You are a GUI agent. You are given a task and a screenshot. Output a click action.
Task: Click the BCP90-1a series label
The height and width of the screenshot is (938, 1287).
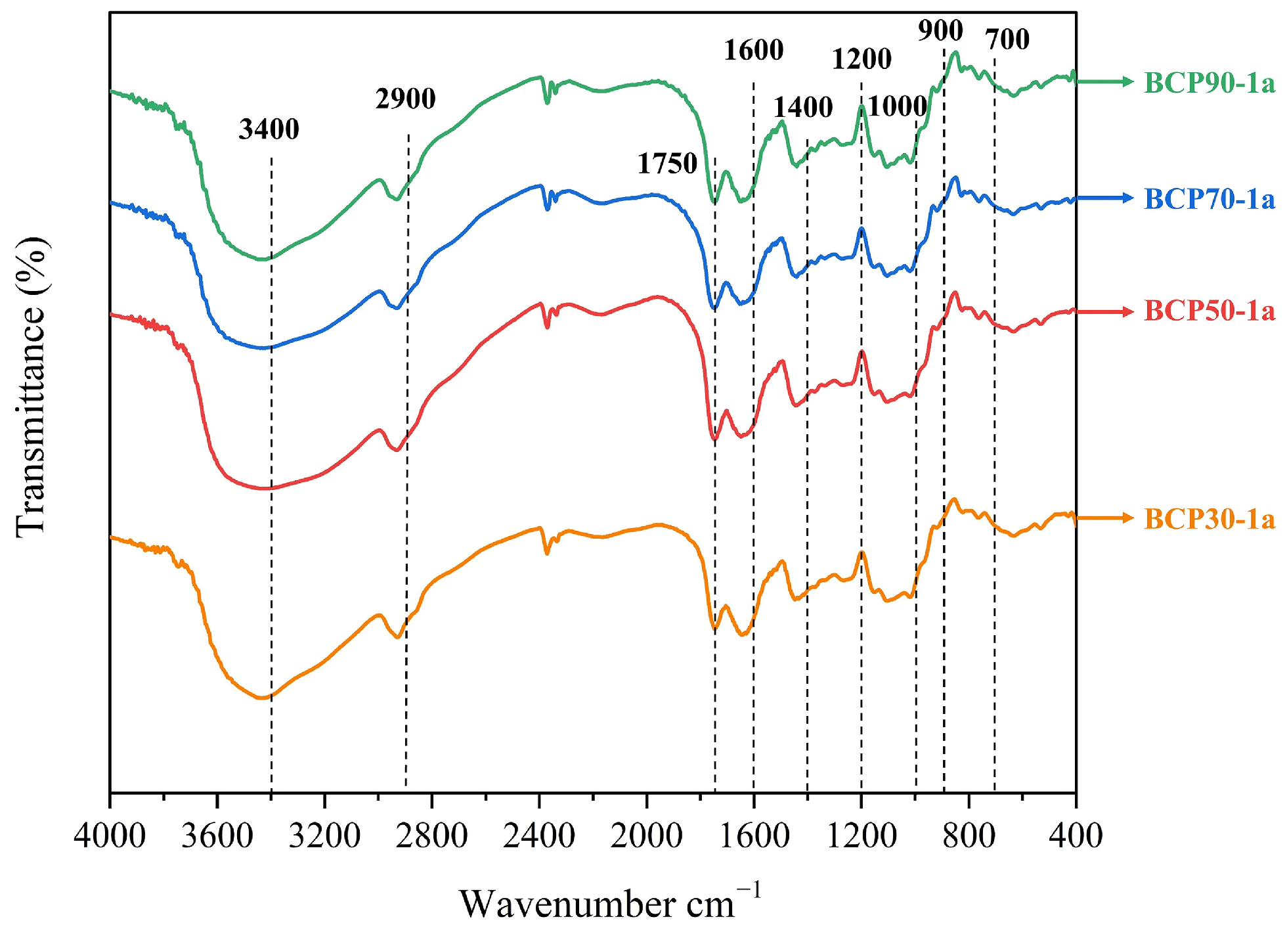[x=1209, y=83]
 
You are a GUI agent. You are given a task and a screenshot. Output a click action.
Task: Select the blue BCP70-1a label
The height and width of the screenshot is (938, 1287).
[x=1209, y=199]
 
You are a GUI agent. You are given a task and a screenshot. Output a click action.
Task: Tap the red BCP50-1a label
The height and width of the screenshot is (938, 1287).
[x=1209, y=311]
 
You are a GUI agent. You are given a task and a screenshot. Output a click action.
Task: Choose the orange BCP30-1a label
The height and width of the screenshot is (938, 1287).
[x=1209, y=519]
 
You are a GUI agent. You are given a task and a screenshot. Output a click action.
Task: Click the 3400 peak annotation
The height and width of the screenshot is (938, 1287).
[x=269, y=129]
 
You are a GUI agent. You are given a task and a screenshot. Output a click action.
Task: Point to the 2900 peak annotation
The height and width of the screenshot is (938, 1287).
[x=405, y=99]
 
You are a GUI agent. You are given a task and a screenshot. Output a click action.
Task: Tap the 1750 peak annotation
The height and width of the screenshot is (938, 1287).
[x=667, y=164]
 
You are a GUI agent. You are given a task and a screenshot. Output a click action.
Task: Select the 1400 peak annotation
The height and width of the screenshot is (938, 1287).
[x=802, y=107]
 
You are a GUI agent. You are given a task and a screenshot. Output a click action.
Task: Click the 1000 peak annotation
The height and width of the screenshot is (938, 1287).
[x=897, y=106]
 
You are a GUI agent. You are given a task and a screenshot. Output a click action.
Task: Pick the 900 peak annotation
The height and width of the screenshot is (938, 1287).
[x=940, y=30]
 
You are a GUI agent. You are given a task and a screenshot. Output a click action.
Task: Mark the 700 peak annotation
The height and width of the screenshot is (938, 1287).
[x=1007, y=40]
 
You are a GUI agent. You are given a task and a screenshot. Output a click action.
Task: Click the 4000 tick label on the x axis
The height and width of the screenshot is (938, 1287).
[x=110, y=836]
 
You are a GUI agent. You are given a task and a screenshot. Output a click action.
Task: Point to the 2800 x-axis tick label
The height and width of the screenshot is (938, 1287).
[x=431, y=836]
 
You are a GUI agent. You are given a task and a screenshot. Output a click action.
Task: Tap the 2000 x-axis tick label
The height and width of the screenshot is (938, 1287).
[x=646, y=836]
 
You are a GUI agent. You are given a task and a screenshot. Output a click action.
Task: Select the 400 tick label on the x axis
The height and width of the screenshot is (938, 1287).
[x=1075, y=836]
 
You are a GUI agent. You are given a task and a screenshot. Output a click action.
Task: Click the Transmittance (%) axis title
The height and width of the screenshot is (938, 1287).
[x=32, y=388]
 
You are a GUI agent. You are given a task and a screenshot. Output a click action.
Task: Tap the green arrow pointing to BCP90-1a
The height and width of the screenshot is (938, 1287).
[x=1104, y=81]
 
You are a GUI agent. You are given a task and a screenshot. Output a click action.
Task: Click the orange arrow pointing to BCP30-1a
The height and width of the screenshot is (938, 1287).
[x=1104, y=518]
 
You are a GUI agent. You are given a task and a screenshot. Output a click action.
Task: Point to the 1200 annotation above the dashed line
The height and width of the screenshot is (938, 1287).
[x=862, y=59]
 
